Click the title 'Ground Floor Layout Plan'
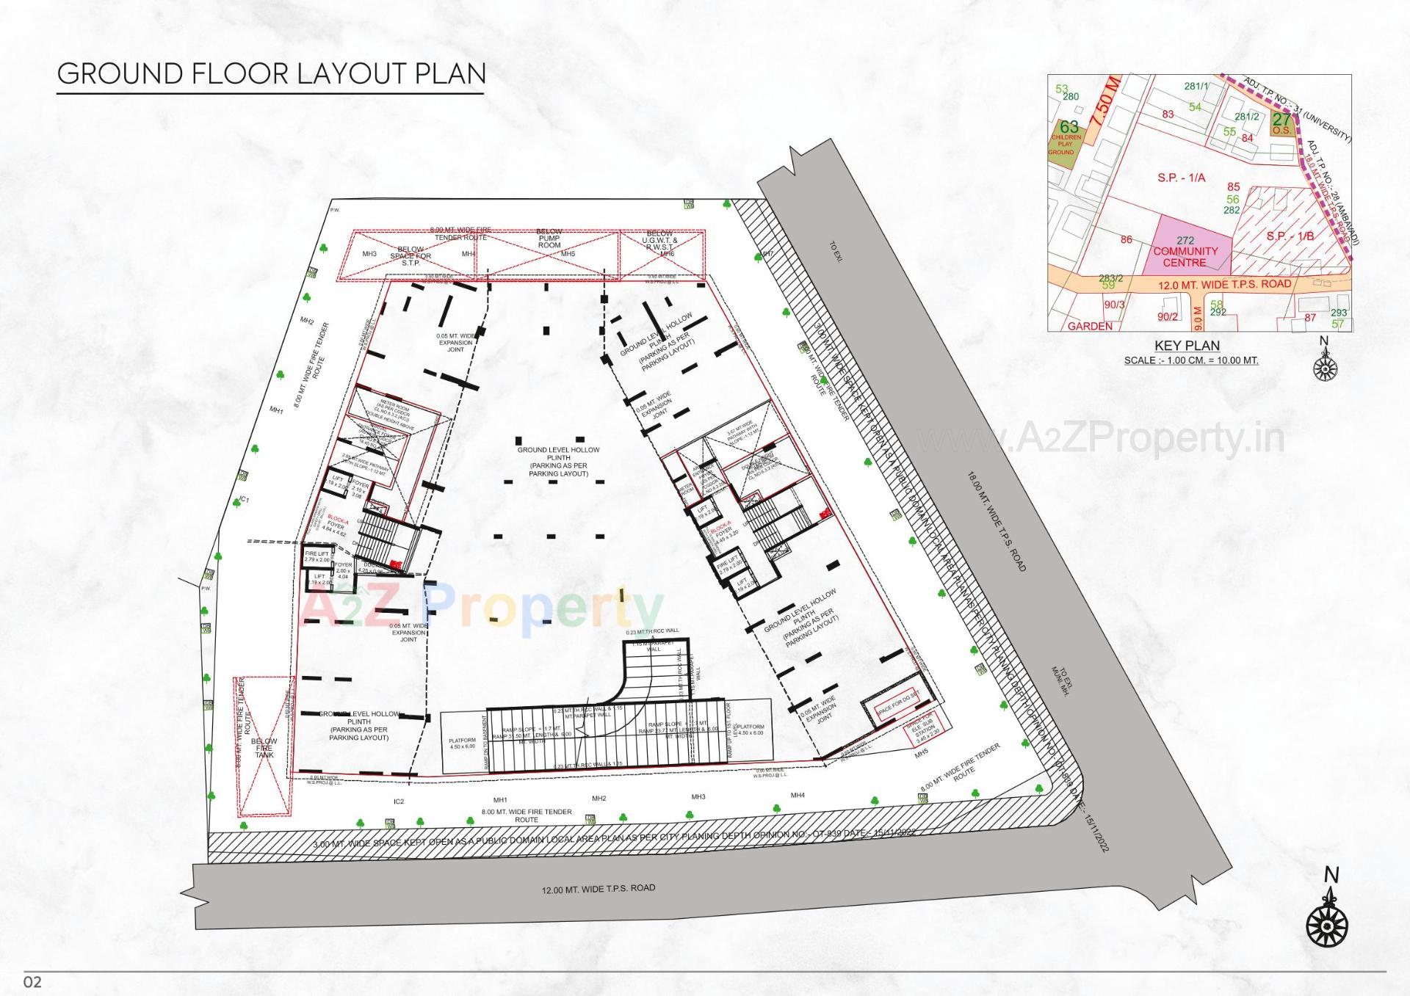271,73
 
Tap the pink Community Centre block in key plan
1185,251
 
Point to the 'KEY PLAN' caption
1187,346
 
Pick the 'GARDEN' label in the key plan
1090,326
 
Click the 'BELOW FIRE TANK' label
264,748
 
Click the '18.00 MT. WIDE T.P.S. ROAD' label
996,521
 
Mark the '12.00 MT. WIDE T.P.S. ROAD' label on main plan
598,889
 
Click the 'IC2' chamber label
399,801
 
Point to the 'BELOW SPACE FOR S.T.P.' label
411,256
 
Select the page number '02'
33,981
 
